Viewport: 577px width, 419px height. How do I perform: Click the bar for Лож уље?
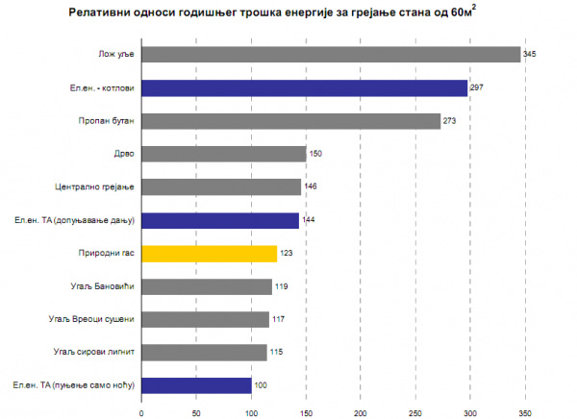pos(331,55)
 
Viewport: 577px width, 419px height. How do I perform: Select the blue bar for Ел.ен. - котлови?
pos(304,88)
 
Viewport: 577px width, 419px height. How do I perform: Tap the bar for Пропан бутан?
pos(290,121)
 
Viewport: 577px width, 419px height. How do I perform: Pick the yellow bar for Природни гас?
pos(209,254)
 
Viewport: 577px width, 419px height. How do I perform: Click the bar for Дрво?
pos(223,154)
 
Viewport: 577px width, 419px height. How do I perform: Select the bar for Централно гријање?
pos(221,187)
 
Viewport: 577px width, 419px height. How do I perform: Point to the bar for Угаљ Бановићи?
pos(207,286)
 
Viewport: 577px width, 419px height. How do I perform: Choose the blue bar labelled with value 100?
pos(196,385)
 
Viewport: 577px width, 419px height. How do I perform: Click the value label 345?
pos(529,55)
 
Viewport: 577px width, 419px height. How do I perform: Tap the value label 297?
pos(476,88)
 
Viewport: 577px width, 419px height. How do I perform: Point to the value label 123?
pos(285,254)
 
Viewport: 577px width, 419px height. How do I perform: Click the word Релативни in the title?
pos(102,15)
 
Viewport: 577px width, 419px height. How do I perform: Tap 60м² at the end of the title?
pos(464,14)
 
